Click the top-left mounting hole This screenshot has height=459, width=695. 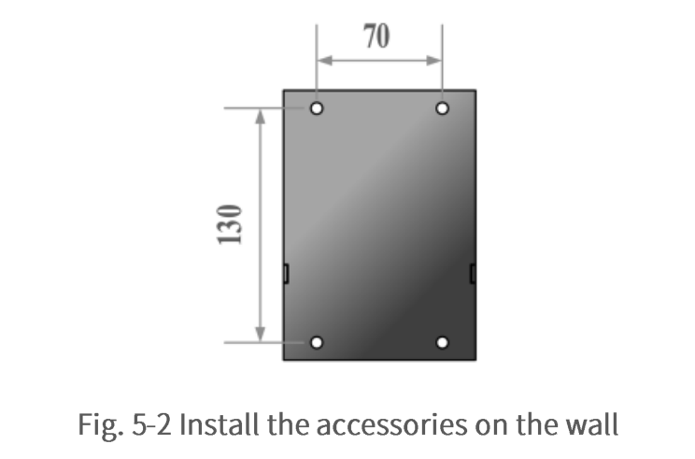[317, 108]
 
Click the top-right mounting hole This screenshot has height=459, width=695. [443, 108]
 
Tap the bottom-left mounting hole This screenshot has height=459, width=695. [317, 342]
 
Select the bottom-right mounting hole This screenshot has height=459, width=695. [443, 342]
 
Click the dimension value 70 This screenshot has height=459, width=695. [376, 36]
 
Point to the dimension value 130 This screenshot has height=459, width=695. [230, 224]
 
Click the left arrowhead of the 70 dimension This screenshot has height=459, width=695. [325, 61]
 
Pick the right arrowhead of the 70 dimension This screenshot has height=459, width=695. [434, 61]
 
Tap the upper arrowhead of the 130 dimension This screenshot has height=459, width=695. [261, 117]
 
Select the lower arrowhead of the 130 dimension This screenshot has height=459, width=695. [261, 334]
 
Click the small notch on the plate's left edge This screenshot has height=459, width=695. [286, 273]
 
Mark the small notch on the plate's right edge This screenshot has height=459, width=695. [473, 273]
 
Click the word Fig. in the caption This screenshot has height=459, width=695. [101, 424]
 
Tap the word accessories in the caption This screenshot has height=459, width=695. [391, 424]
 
